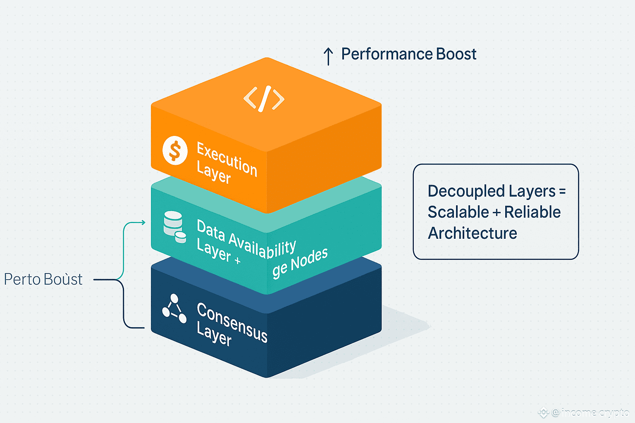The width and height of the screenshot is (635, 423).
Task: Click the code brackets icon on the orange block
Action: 264,99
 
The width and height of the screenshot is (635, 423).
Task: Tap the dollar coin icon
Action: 175,150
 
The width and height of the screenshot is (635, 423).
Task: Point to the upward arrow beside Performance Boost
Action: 328,56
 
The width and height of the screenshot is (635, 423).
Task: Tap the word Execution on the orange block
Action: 227,159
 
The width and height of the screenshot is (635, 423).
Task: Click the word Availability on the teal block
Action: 262,246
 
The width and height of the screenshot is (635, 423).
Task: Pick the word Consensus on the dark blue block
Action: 232,322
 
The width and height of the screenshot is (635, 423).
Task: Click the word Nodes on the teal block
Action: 309,259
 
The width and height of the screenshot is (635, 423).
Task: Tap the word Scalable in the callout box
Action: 458,212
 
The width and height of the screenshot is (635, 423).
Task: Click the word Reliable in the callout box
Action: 532,212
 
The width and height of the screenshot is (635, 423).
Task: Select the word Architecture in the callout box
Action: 472,233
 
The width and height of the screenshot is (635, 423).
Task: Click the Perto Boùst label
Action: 43,280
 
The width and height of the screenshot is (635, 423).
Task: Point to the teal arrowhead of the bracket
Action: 143,223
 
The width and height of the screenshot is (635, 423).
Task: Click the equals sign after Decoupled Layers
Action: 562,192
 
